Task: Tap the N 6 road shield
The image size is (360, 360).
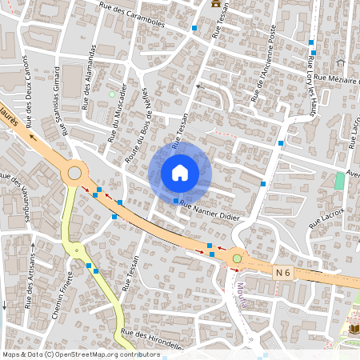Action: pyautogui.click(x=282, y=273)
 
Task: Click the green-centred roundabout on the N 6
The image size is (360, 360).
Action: pyautogui.click(x=237, y=259)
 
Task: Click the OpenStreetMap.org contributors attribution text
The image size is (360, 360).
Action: pyautogui.click(x=108, y=354)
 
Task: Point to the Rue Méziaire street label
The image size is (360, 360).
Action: pyautogui.click(x=334, y=77)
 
